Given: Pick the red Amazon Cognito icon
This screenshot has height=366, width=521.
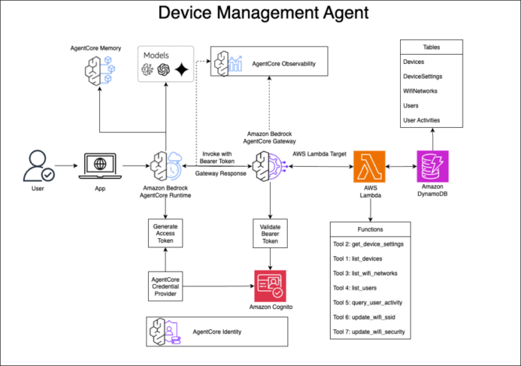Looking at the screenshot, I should [270, 285].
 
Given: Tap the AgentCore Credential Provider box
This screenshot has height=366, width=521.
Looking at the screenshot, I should [166, 285].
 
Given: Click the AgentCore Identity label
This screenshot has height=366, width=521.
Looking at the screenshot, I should [217, 332].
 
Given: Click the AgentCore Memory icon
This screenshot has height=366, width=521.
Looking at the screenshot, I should [98, 69].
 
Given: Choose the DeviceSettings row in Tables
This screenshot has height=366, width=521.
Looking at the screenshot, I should [423, 76].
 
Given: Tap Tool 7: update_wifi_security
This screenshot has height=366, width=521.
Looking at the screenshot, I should [370, 331].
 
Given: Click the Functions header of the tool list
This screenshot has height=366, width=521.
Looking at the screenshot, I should [370, 229].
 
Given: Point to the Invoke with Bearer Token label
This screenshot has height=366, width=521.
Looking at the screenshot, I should [221, 157].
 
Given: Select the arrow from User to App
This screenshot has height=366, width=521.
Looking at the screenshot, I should [67, 167].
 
